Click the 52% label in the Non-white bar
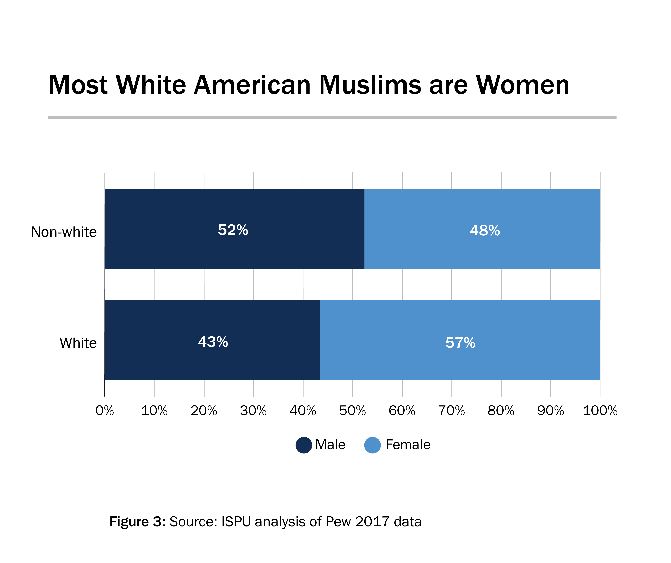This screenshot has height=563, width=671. click(x=233, y=230)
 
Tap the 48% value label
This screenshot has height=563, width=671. click(x=485, y=231)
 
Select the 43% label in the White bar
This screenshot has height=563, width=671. click(x=213, y=342)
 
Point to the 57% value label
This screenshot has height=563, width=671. click(x=460, y=343)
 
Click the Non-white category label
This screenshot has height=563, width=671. click(x=64, y=232)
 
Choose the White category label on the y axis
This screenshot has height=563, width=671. click(x=78, y=343)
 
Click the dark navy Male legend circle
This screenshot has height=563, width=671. click(x=304, y=445)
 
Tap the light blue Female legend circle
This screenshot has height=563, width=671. click(x=373, y=445)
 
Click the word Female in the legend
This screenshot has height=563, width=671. click(x=408, y=445)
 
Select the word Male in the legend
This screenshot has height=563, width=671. click(x=330, y=445)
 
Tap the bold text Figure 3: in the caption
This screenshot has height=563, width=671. click(x=137, y=522)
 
